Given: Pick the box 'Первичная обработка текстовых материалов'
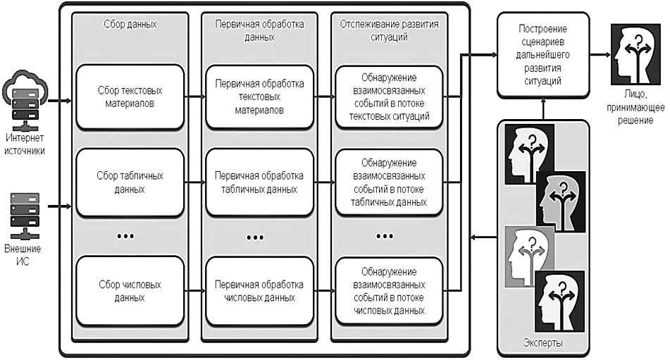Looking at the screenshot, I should pyautogui.click(x=259, y=97).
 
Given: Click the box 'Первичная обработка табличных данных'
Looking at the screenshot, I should pyautogui.click(x=259, y=182).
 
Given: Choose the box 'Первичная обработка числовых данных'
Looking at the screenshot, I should pyautogui.click(x=259, y=290).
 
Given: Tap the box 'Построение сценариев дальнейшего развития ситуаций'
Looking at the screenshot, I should pyautogui.click(x=543, y=56).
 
